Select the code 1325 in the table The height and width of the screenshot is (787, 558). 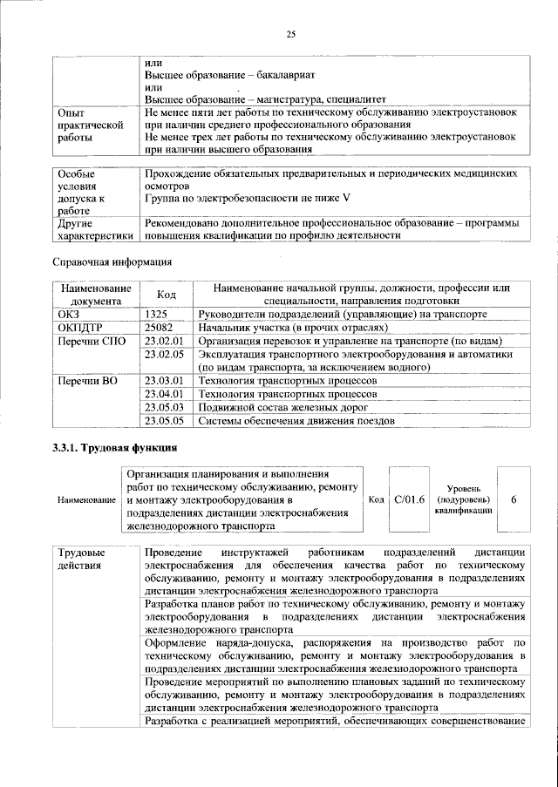tap(157, 313)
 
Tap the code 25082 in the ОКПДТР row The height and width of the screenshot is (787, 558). tap(160, 326)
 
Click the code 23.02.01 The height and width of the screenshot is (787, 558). tap(165, 340)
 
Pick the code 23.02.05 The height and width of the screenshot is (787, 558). tap(165, 354)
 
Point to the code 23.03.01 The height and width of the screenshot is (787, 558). tap(165, 381)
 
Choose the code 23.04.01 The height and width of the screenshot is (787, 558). tap(165, 394)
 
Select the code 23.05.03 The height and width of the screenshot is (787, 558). tap(165, 407)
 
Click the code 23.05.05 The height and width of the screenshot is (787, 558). tap(165, 421)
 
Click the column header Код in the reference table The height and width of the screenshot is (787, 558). tap(166, 294)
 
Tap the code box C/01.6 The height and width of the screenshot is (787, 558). tap(409, 499)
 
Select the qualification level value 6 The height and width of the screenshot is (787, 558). tap(514, 499)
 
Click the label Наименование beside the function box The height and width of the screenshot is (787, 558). tap(87, 500)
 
